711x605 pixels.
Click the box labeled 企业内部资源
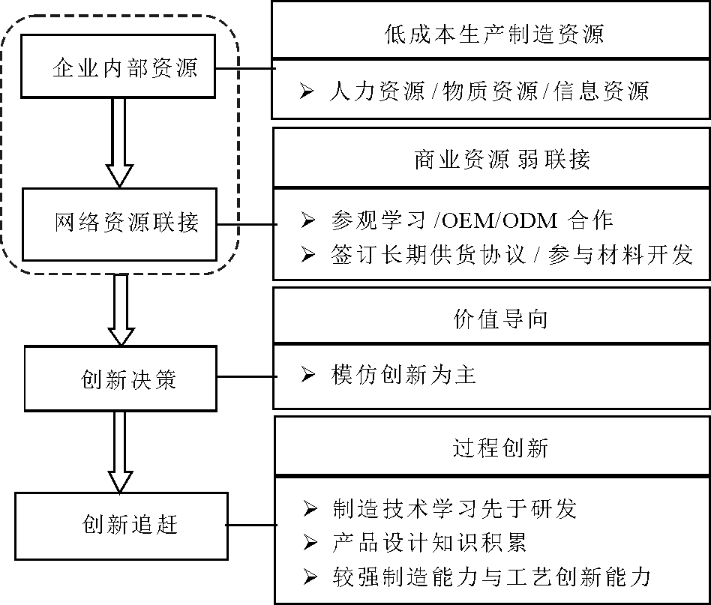tap(118, 68)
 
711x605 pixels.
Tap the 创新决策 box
tap(121, 379)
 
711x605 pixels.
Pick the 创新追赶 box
tap(121, 525)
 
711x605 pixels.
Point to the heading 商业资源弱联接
tap(492, 160)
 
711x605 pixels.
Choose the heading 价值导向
tap(492, 319)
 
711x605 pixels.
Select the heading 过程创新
tap(492, 448)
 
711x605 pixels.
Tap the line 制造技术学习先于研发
tap(454, 510)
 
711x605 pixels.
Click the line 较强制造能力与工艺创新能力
tap(490, 577)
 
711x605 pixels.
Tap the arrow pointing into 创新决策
tap(120, 310)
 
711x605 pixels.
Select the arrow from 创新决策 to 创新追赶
tap(120, 452)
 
